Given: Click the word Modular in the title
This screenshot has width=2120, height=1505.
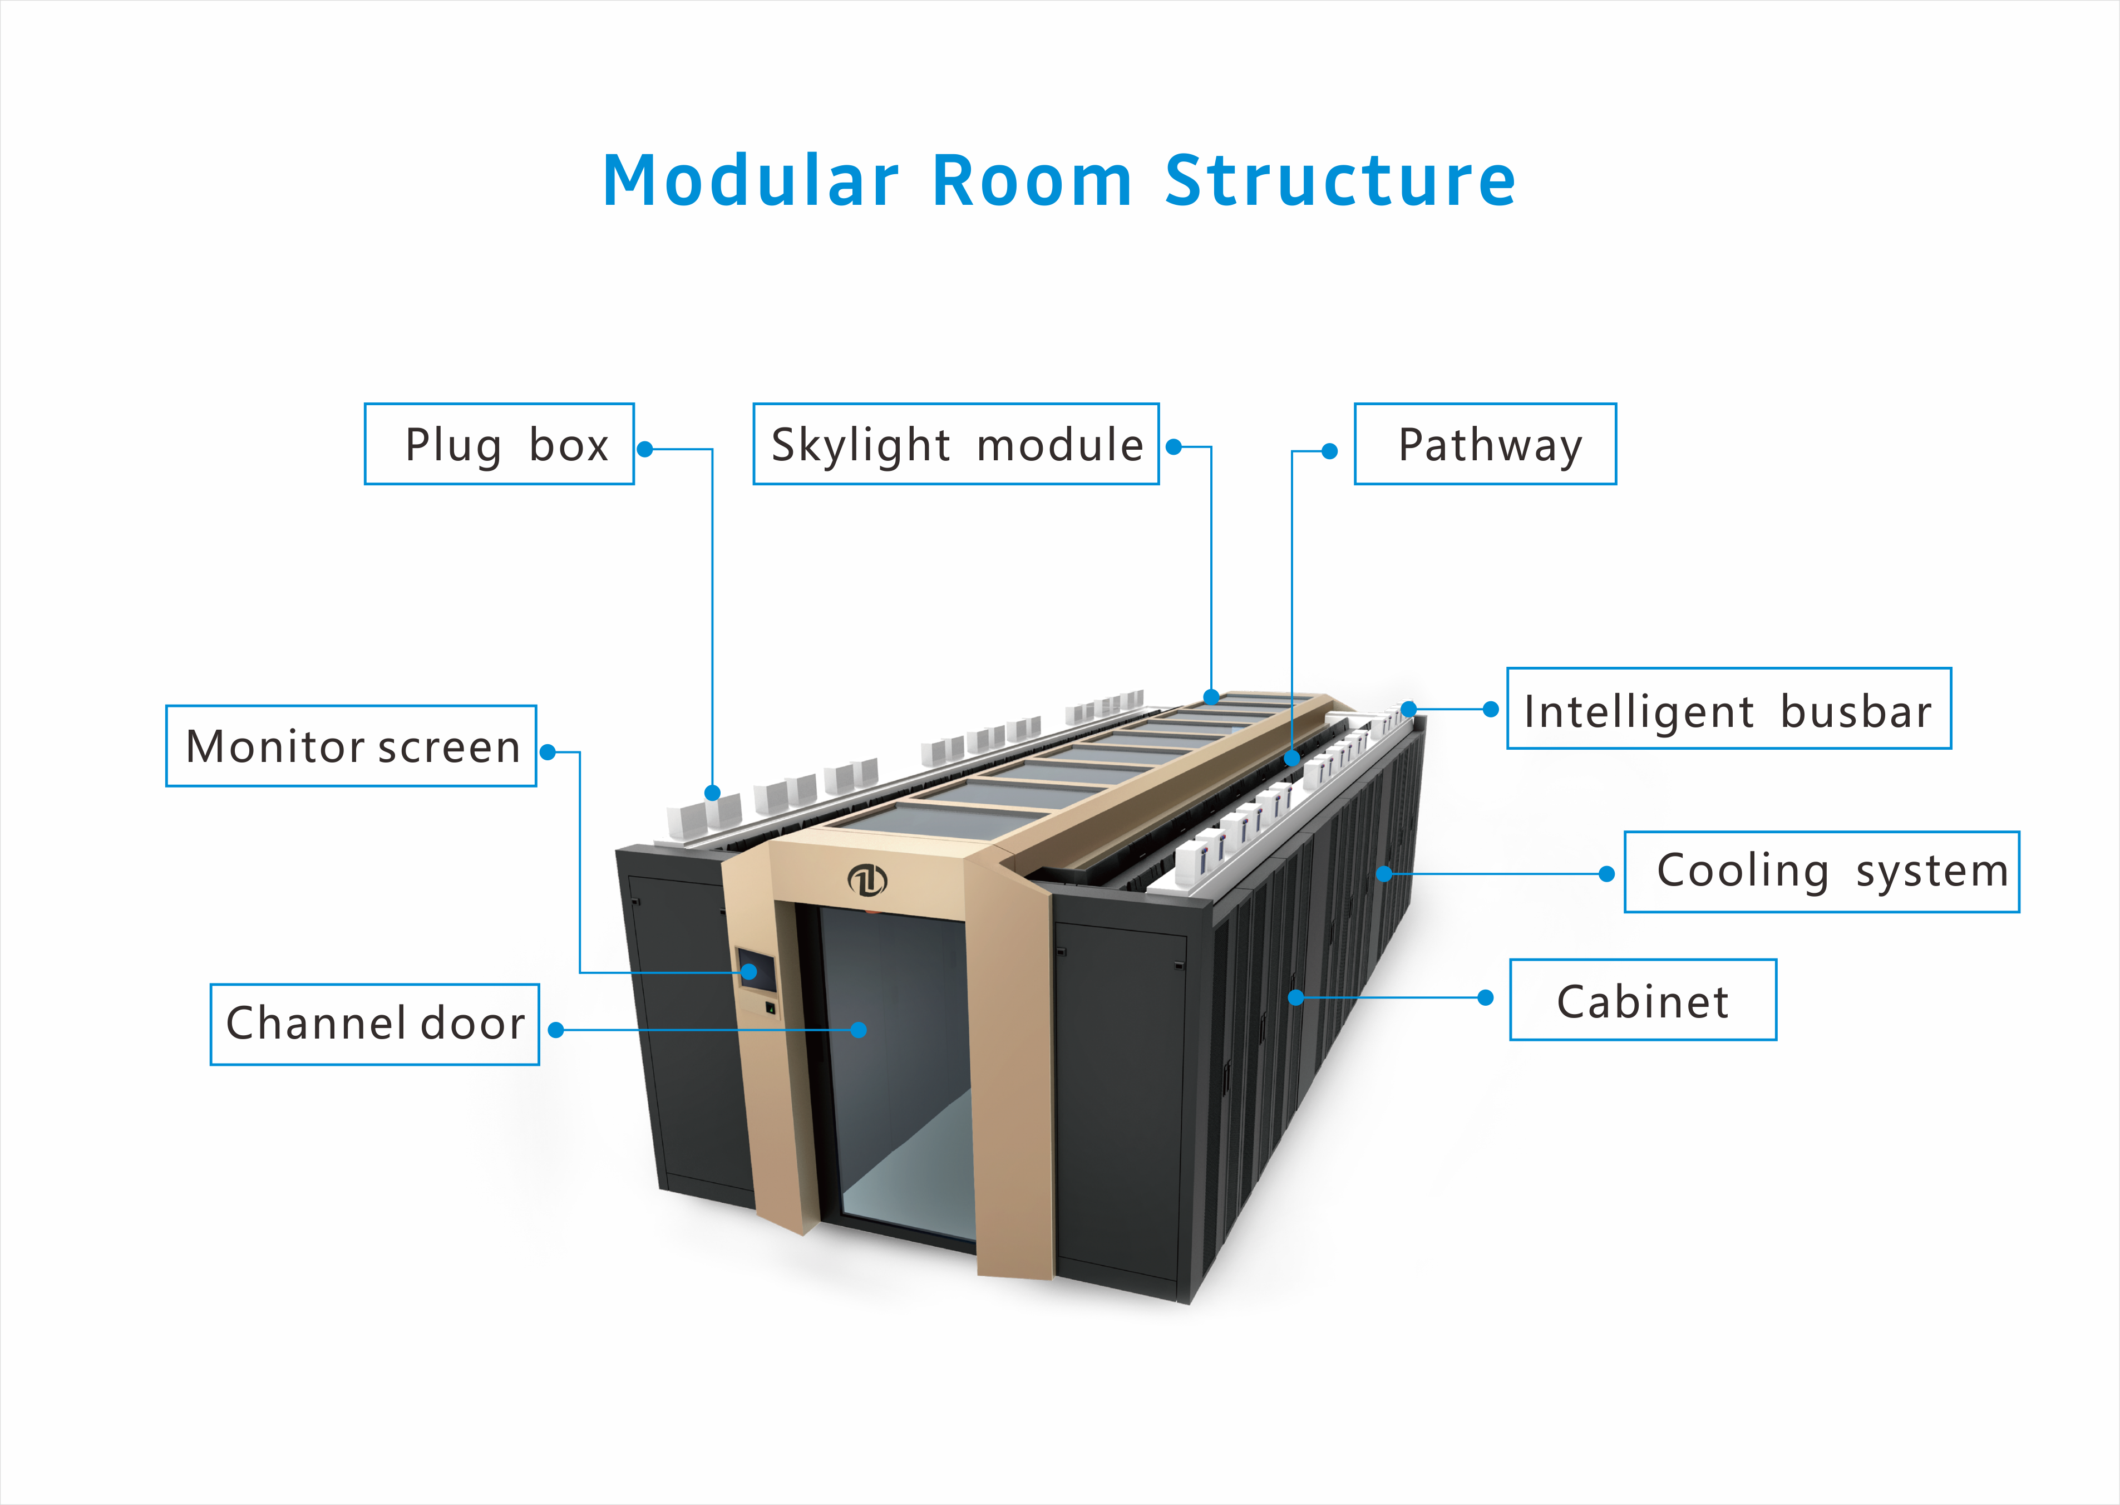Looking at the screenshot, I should click(751, 181).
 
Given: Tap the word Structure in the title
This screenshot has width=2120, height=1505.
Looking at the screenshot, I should click(1340, 181).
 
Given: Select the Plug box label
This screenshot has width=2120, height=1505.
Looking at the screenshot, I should click(500, 444).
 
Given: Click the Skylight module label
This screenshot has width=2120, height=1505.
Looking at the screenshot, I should click(955, 444).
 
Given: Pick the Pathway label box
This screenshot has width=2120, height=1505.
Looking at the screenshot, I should click(1485, 444).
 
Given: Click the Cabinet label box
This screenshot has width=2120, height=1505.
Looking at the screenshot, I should click(1642, 1000).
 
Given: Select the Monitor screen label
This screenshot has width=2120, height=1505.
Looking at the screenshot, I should click(351, 746).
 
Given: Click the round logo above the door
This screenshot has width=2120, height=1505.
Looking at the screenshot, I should click(867, 879).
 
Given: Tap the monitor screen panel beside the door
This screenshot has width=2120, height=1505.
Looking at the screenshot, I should click(756, 970).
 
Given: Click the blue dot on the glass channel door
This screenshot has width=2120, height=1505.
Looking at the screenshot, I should click(859, 1030).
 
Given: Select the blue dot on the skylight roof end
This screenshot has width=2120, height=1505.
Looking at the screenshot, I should click(1211, 697).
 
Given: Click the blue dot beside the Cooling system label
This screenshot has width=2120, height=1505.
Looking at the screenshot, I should click(1606, 874).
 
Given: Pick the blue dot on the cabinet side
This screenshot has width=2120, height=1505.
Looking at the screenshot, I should click(1296, 997).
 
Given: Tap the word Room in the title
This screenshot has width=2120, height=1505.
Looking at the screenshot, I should click(1032, 181).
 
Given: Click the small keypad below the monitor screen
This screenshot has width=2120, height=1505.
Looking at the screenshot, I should click(770, 1007).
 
